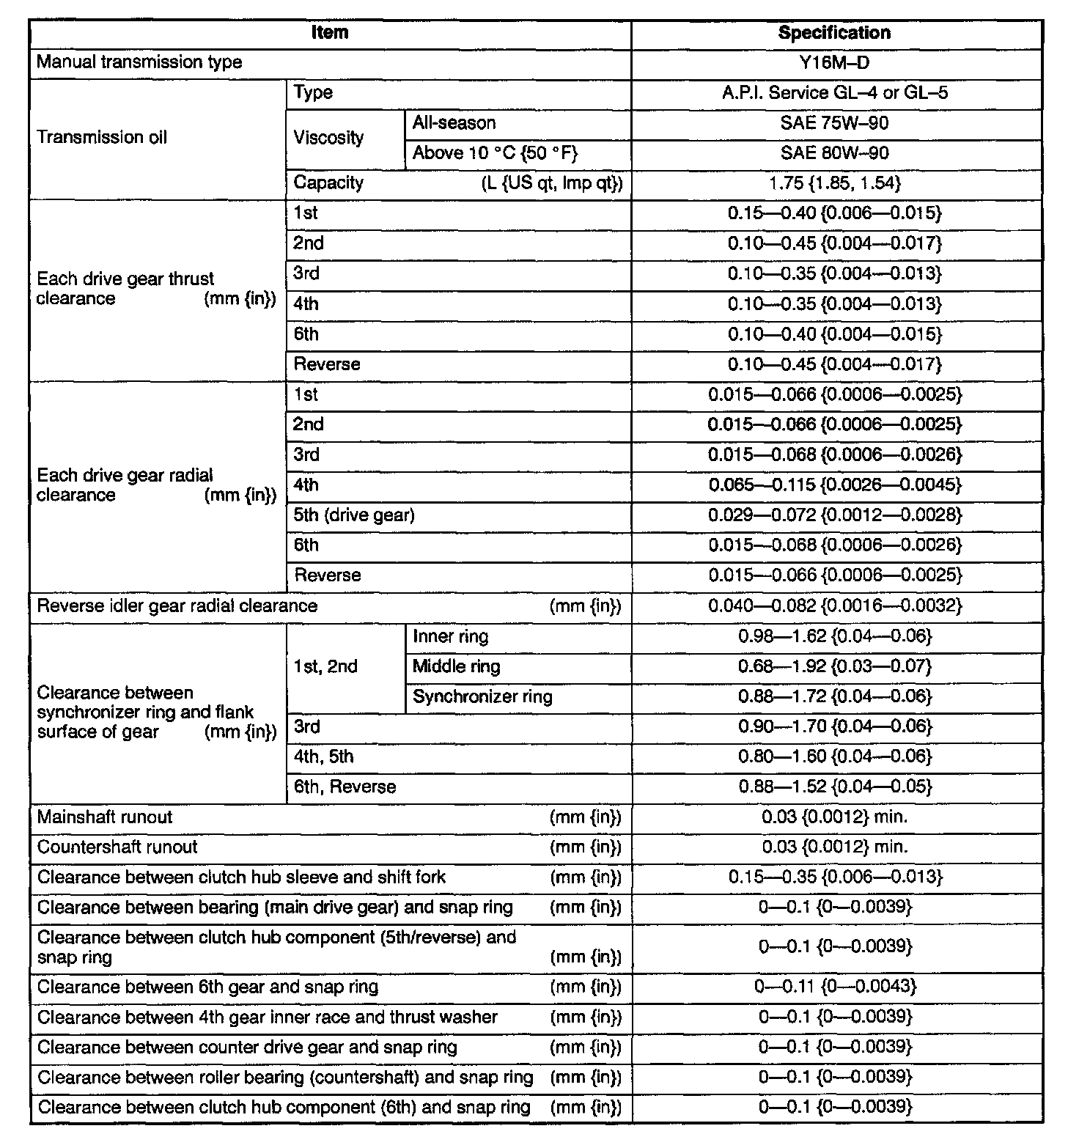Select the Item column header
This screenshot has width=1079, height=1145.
pyautogui.click(x=330, y=33)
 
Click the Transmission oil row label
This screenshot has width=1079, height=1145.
pyautogui.click(x=102, y=137)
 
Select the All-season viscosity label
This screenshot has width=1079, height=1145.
pyautogui.click(x=454, y=123)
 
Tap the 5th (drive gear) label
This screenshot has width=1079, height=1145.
pyautogui.click(x=354, y=515)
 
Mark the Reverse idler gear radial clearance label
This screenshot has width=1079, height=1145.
pyautogui.click(x=177, y=606)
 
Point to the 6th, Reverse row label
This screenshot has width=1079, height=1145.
pyautogui.click(x=345, y=787)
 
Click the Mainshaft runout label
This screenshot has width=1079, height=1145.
pyautogui.click(x=105, y=817)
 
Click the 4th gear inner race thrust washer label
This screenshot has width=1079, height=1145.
pyautogui.click(x=268, y=1017)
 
